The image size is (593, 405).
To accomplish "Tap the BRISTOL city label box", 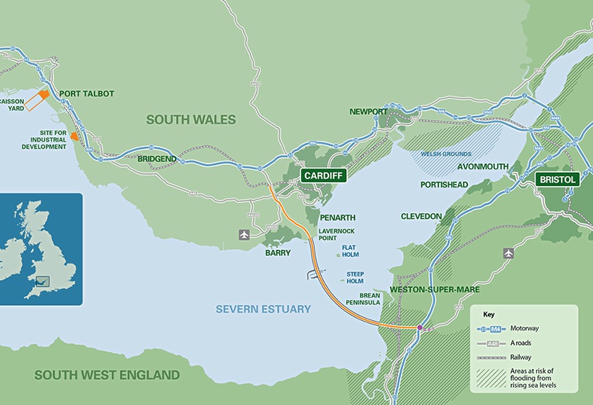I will [x=557, y=179].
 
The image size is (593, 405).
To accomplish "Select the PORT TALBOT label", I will [x=87, y=94].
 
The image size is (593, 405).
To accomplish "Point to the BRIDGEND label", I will [x=157, y=159].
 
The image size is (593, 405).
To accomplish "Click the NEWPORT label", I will [x=368, y=112].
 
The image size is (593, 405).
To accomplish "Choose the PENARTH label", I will [x=337, y=218].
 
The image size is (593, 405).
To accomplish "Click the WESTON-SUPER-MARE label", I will [x=428, y=289].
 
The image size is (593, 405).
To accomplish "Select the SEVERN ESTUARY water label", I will [x=263, y=309].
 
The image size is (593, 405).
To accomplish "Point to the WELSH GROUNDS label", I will [x=446, y=154].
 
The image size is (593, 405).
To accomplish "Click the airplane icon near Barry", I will [x=244, y=235].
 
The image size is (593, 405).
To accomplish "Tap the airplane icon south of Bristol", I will [x=508, y=253].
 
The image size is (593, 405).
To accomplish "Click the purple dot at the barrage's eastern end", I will [x=419, y=328].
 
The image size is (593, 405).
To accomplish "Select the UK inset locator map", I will [x=41, y=249].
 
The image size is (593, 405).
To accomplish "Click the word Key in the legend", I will [x=488, y=315].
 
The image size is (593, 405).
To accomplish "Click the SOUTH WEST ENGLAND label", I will [x=107, y=375].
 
